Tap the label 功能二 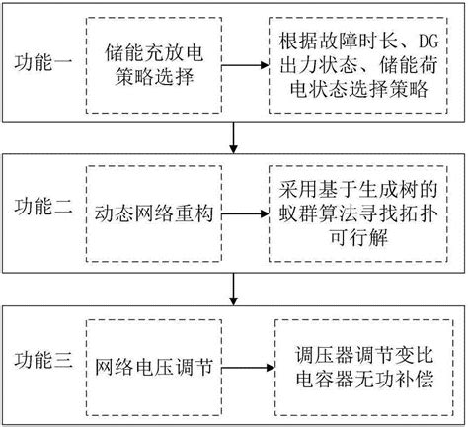(41, 210)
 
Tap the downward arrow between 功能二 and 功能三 (233, 285)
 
